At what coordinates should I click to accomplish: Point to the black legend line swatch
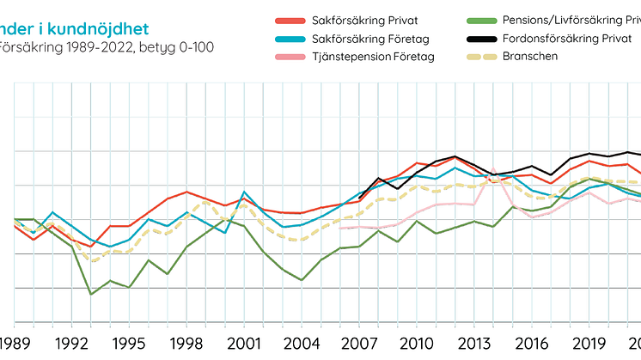483,40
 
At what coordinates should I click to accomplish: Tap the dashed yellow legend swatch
483,57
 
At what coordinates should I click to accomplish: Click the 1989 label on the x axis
16,343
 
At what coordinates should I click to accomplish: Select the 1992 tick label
73,343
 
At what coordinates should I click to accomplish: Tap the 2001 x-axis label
243,343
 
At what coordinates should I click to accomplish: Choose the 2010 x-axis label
414,343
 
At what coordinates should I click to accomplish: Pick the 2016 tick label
528,343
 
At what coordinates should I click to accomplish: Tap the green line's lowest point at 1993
92,295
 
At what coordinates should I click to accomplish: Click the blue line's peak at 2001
244,192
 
